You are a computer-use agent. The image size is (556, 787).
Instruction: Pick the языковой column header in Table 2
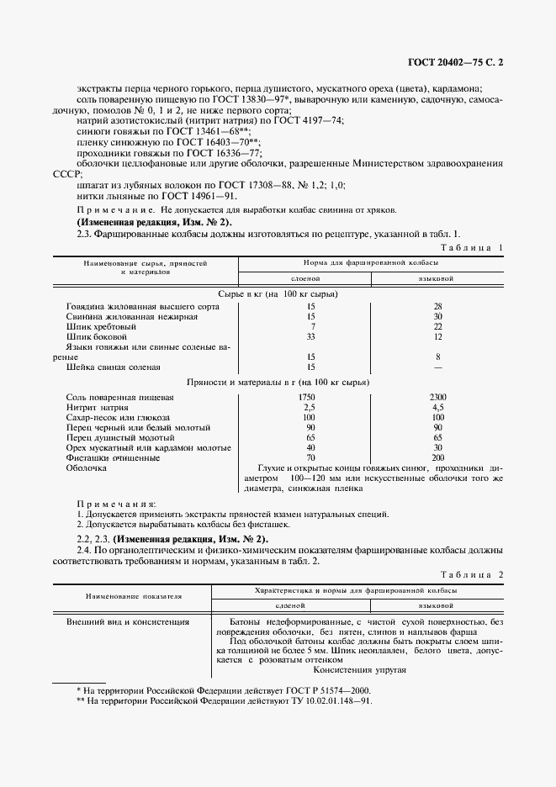[x=437, y=605]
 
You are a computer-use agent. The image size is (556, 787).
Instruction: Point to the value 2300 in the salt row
[x=437, y=396]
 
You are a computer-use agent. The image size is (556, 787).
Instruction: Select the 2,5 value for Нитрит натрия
[x=311, y=406]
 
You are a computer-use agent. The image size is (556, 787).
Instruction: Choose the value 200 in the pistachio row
[x=437, y=457]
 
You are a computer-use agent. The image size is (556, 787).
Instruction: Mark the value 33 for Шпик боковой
[x=311, y=336]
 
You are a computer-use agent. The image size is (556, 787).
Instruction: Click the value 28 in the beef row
[x=437, y=306]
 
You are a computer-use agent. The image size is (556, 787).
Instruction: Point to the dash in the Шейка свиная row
[x=437, y=367]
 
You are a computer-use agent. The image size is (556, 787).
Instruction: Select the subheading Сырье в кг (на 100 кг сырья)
[x=278, y=294]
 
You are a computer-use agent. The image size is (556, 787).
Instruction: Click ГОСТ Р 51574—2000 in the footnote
[x=320, y=689]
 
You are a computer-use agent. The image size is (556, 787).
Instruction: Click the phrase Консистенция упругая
[x=360, y=669]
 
